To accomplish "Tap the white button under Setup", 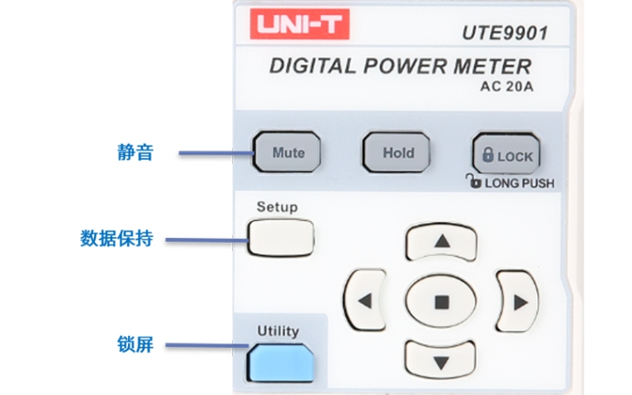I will pyautogui.click(x=281, y=236).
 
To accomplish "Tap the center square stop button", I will pyautogui.click(x=442, y=301).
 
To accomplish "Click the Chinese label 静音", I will pyautogui.click(x=135, y=153).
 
